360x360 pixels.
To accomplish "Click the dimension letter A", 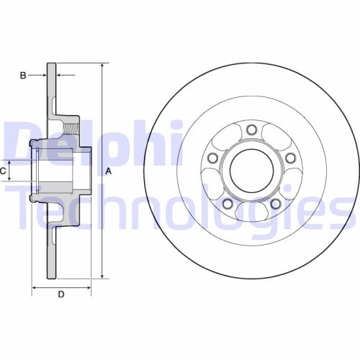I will click(109, 171).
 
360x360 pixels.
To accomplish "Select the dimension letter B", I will click(23, 75).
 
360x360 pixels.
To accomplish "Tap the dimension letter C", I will click(4, 171).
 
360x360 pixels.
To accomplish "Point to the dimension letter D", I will click(61, 294).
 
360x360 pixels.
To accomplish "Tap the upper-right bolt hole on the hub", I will click(289, 158).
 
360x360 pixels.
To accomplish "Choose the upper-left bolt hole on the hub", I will click(212, 158).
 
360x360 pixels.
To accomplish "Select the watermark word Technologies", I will click(180, 205).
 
